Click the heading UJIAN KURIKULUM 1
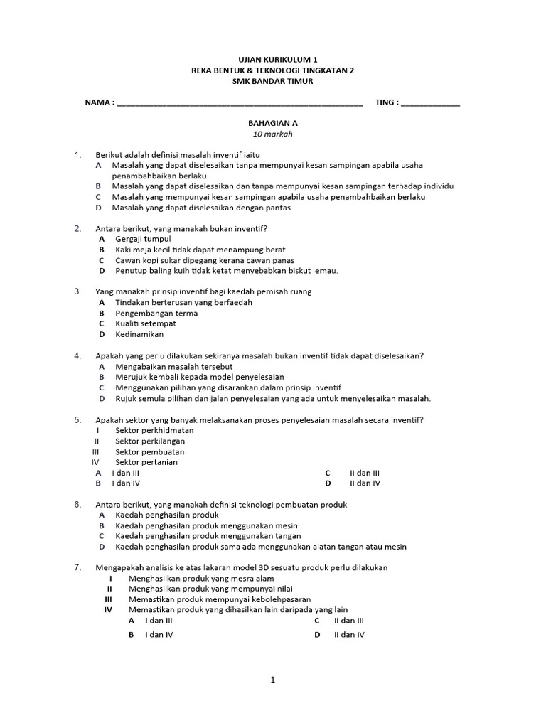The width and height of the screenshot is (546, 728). pyautogui.click(x=273, y=60)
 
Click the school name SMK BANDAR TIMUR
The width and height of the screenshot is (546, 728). pyautogui.click(x=273, y=81)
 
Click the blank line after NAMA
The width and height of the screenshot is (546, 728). pyautogui.click(x=239, y=104)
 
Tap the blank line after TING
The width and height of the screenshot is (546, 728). pyautogui.click(x=430, y=104)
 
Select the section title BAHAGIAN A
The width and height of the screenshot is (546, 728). pyautogui.click(x=273, y=122)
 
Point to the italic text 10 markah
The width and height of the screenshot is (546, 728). pyautogui.click(x=273, y=134)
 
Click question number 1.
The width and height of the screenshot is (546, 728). pyautogui.click(x=78, y=154)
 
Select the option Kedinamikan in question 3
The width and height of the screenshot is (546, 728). pyautogui.click(x=139, y=334)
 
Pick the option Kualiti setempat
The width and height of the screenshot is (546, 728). pyautogui.click(x=145, y=323)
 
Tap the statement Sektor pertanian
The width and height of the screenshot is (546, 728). pyautogui.click(x=146, y=462)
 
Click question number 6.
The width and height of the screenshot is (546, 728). pyautogui.click(x=78, y=504)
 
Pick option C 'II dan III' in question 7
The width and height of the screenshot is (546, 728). pyautogui.click(x=349, y=621)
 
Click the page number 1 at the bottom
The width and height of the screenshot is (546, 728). pyautogui.click(x=273, y=680)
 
